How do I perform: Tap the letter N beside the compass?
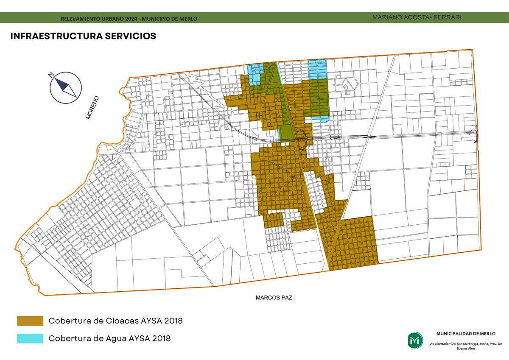(51, 75)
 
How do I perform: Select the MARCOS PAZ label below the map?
(274, 298)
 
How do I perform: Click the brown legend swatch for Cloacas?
(30, 321)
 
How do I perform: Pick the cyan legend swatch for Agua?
(30, 338)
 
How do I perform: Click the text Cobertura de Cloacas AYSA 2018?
(115, 321)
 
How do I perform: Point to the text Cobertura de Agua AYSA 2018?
(109, 338)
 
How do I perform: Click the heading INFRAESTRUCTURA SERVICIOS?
(83, 36)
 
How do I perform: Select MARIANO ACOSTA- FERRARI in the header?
(417, 17)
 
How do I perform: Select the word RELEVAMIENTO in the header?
(79, 19)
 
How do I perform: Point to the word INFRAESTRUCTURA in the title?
(56, 36)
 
